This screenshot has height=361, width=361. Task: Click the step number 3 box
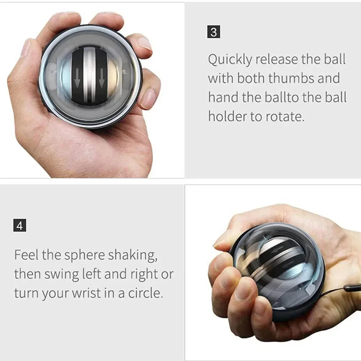click(214, 32)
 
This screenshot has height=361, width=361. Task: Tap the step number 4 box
click(19, 226)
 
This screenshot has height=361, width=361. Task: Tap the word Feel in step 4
click(26, 255)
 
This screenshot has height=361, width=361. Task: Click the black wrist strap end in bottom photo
click(352, 288)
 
